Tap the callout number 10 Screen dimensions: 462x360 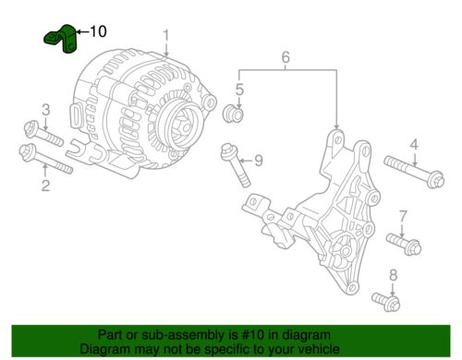click(x=98, y=31)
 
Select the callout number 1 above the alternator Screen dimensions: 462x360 click(x=166, y=35)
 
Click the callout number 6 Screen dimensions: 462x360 click(x=286, y=57)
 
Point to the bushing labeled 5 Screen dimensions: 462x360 click(x=233, y=114)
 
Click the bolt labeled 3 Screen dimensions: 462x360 click(x=43, y=134)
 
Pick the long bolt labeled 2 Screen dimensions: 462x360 click(x=45, y=159)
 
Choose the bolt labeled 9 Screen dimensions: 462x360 click(x=236, y=164)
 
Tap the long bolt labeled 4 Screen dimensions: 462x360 click(x=414, y=172)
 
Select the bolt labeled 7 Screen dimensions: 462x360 click(x=404, y=244)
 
